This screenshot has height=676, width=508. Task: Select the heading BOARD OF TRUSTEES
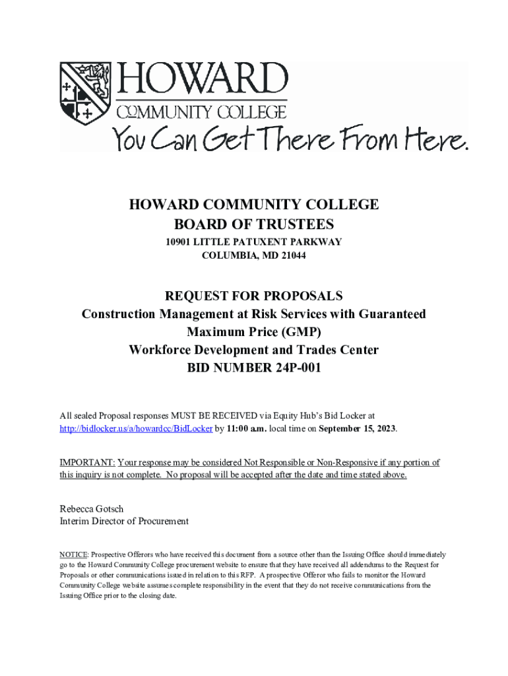coord(253,224)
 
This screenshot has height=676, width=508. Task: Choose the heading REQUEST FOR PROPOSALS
coord(253,295)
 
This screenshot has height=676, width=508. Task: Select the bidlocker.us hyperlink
coord(136,428)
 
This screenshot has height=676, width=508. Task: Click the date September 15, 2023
coord(357,428)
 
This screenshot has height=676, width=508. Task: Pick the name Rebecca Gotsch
coord(92,508)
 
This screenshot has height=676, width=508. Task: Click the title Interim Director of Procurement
coord(124,521)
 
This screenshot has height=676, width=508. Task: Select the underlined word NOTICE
coord(73,555)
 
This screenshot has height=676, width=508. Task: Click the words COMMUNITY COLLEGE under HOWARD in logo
coord(202,112)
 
